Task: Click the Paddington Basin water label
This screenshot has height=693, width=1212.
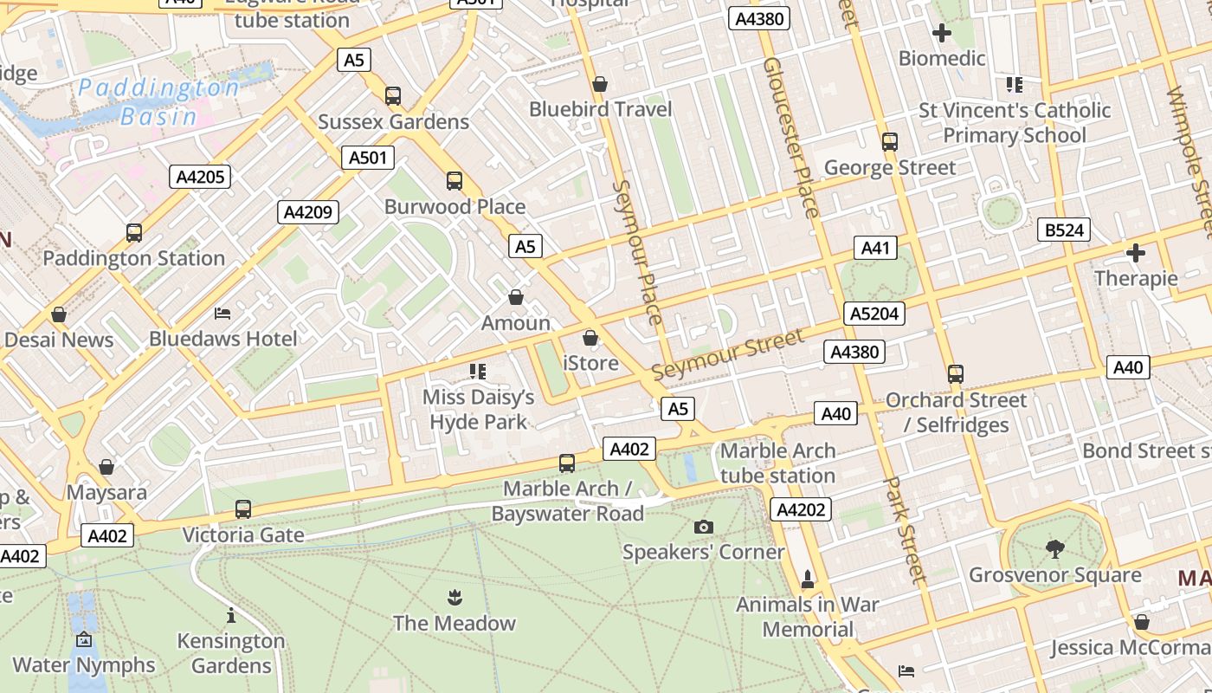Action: [158, 101]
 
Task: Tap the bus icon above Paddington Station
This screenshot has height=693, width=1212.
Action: [134, 232]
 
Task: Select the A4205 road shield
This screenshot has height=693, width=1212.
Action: [200, 177]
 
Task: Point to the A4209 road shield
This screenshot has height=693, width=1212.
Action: [308, 212]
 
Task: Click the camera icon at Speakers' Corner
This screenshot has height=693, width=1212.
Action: [704, 527]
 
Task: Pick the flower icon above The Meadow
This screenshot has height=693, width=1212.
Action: [455, 597]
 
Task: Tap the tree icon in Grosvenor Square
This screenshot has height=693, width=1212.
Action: [1054, 548]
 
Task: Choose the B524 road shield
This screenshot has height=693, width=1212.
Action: [1063, 230]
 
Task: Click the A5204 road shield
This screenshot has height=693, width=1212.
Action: [874, 313]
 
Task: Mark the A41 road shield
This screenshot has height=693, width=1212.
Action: [875, 248]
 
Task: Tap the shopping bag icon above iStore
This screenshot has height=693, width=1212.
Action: [590, 338]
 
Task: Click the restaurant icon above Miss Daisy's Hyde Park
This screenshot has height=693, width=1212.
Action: [478, 372]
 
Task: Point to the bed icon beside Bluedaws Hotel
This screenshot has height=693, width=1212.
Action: [222, 313]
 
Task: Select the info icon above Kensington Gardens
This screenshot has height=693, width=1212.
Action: [231, 615]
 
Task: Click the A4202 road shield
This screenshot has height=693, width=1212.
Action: [801, 509]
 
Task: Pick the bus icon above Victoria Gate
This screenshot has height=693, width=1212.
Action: [243, 509]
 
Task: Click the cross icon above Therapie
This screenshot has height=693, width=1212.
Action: [1136, 253]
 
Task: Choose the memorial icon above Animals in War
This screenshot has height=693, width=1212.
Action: [808, 579]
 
